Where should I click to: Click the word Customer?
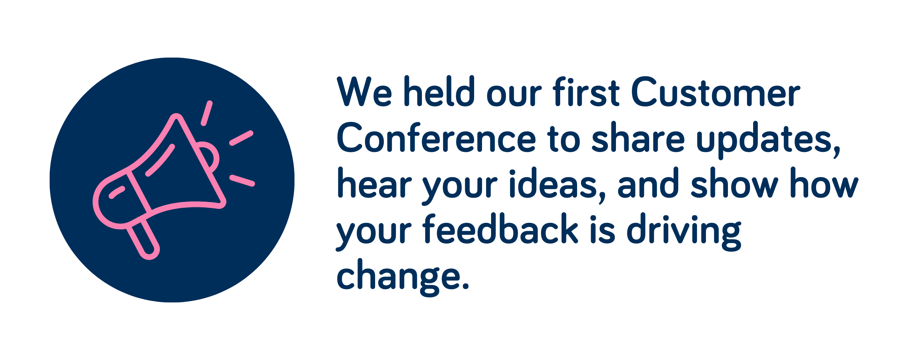pyautogui.click(x=716, y=91)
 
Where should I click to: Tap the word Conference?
pyautogui.click(x=436, y=137)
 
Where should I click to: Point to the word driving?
pyautogui.click(x=684, y=233)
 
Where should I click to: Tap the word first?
pyautogui.click(x=586, y=91)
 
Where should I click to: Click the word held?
pyautogui.click(x=439, y=91)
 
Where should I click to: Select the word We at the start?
pyautogui.click(x=364, y=91)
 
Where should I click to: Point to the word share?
pyautogui.click(x=638, y=137)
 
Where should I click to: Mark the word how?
pyautogui.click(x=824, y=183)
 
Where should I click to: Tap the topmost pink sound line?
pyautogui.click(x=207, y=113)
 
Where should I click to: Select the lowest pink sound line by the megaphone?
pyautogui.click(x=242, y=181)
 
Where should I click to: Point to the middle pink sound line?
pyautogui.click(x=241, y=138)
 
